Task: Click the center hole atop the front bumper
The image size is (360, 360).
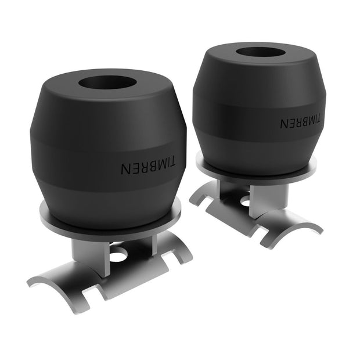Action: (107, 82)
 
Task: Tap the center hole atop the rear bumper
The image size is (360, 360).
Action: (260, 52)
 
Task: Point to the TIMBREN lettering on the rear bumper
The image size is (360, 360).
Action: (300, 123)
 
